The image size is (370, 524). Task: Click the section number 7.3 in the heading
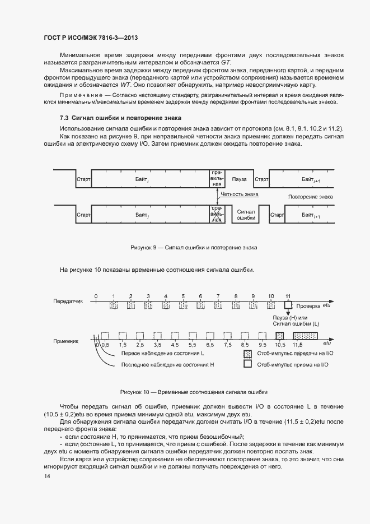pos(64,118)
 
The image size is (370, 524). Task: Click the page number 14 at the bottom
pos(46,476)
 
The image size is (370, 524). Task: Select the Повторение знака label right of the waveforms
pos(310,197)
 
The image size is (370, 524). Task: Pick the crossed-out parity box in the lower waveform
pos(217,215)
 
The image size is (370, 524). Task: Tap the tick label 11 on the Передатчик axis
pos(288,295)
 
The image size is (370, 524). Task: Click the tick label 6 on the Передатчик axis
pos(200,295)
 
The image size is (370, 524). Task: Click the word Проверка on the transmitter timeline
pos(308,306)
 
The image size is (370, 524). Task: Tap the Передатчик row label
pos(68,300)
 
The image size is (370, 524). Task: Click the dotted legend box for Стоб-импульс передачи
pos(247,354)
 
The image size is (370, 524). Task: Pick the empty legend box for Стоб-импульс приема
pos(247,364)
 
